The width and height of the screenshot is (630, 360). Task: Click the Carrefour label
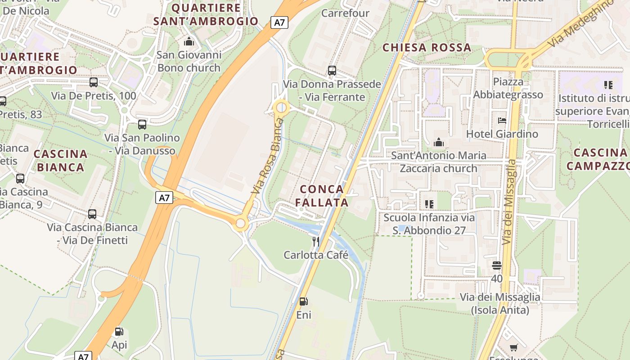click(345, 13)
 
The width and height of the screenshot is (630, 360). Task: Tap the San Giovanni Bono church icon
click(189, 42)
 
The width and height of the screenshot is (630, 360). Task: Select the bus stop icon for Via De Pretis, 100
click(94, 82)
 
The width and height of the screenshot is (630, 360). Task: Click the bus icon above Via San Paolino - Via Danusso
click(142, 125)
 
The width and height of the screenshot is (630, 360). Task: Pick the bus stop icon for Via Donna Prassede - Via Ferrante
click(332, 71)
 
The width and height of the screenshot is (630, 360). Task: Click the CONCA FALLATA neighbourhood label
click(322, 196)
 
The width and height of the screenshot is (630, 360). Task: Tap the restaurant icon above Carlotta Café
click(316, 242)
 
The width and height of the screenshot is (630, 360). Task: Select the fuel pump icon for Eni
click(304, 301)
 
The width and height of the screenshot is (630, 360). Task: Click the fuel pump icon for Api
click(119, 332)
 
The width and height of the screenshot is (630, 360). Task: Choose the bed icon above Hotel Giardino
click(502, 121)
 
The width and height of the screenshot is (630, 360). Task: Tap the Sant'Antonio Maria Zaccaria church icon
click(439, 143)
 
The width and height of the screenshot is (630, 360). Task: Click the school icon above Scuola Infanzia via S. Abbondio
click(429, 204)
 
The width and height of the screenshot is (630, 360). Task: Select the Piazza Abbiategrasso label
click(508, 88)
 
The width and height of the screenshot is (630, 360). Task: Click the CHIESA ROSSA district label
click(427, 48)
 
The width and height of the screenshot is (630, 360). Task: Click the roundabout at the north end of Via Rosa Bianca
click(281, 108)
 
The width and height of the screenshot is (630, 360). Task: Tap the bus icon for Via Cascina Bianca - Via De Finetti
click(92, 214)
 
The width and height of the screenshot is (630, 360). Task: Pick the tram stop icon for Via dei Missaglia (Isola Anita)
click(497, 265)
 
